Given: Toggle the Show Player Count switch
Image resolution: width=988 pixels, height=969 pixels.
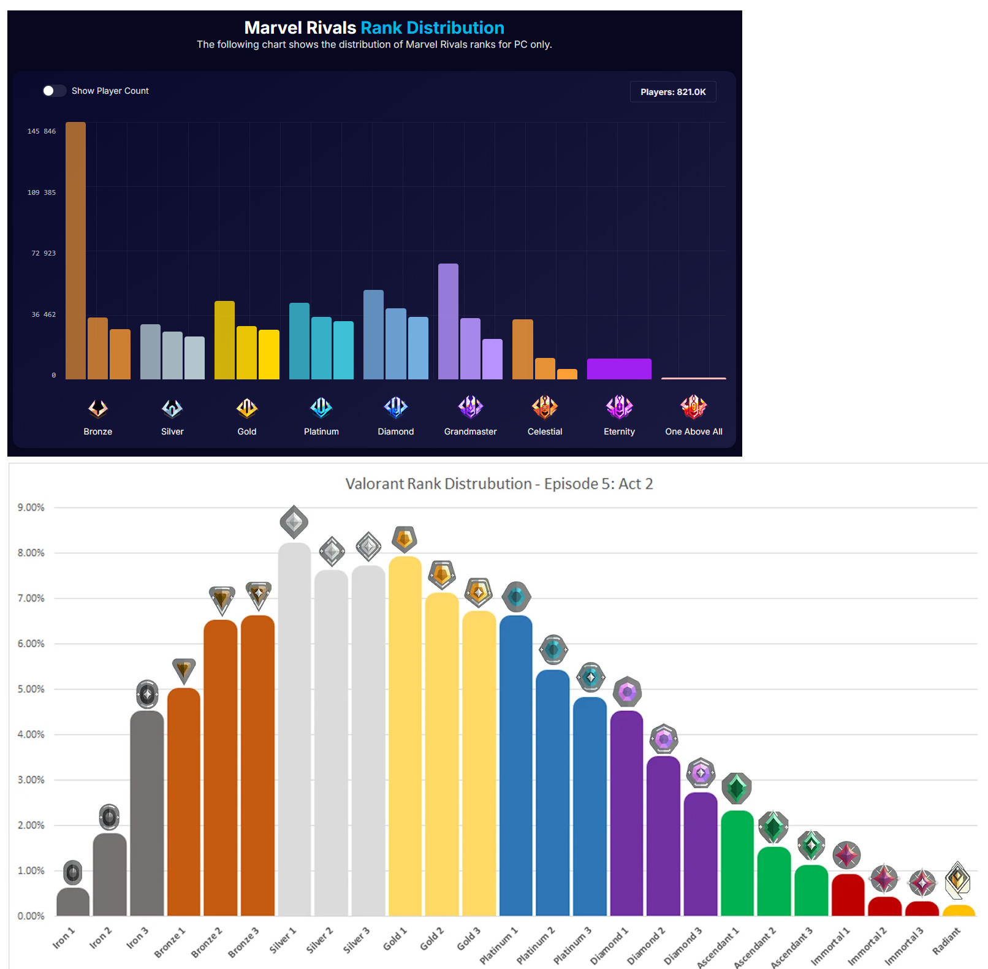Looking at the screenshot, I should (54, 91).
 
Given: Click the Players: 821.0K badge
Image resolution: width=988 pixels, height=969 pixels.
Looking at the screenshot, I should (673, 92).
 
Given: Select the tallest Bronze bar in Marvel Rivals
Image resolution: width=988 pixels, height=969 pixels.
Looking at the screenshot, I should (75, 251).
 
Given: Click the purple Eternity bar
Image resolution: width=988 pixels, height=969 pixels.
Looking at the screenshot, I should (619, 369).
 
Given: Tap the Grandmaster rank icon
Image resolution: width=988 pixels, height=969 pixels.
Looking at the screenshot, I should (470, 406).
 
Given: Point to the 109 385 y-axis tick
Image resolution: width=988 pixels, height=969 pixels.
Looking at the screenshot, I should (41, 192).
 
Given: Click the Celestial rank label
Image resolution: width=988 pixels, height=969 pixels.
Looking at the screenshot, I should (544, 431).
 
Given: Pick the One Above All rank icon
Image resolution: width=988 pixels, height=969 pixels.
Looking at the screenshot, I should (693, 406).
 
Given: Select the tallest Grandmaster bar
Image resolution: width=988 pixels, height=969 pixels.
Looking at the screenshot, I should (448, 322).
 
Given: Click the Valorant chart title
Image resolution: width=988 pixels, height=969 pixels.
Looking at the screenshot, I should (499, 484).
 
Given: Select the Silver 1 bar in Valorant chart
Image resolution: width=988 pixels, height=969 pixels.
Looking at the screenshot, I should (294, 729).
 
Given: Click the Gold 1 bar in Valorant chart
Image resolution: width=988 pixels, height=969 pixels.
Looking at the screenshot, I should (405, 735).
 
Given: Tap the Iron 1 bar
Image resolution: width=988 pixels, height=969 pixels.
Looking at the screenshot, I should (73, 902).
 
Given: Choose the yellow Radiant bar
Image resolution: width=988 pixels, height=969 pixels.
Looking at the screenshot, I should (958, 911).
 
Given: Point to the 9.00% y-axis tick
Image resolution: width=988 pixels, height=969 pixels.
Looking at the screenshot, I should (31, 507).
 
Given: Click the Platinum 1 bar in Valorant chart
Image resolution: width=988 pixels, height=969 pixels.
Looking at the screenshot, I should (516, 766).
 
